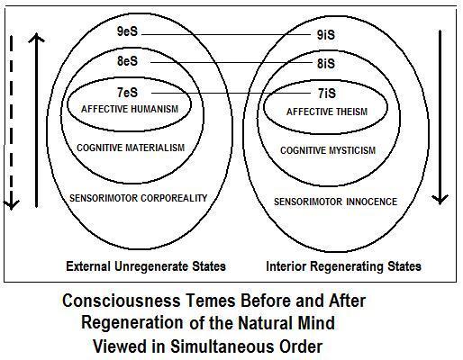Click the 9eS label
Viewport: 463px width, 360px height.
coord(127,31)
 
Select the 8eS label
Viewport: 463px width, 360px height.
coord(127,61)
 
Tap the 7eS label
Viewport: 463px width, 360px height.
coord(127,93)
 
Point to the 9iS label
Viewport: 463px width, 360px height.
coord(326,35)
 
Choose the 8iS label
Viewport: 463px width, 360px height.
coord(326,64)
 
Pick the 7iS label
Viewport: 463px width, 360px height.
coord(327,94)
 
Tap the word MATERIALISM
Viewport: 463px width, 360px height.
coord(155,148)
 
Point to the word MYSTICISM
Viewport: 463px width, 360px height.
coord(351,150)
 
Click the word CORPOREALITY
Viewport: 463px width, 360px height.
coord(174,198)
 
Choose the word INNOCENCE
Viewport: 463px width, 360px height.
coord(372,202)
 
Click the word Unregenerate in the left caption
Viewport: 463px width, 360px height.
coord(151,266)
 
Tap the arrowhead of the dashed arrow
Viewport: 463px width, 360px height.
coord(11,205)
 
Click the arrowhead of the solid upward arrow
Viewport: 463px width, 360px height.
coord(36,38)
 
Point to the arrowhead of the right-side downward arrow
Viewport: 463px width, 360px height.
coord(440,200)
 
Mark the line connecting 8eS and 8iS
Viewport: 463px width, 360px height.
coord(231,62)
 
